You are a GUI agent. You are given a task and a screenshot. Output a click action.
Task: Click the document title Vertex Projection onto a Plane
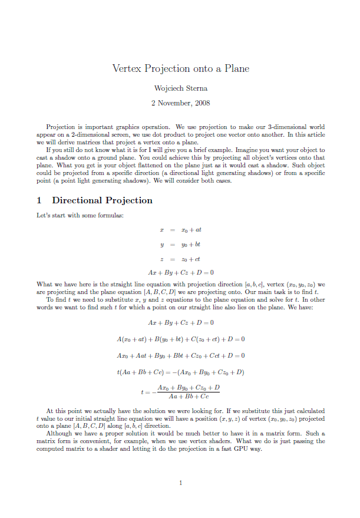180,68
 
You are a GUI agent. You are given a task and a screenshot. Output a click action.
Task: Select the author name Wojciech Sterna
180,88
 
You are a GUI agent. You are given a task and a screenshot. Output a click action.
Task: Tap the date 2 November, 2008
180,103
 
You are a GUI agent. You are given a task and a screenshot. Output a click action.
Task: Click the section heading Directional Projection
102,200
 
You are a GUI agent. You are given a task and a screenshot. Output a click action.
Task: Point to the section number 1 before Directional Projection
39,200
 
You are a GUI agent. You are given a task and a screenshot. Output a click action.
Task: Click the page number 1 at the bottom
180,483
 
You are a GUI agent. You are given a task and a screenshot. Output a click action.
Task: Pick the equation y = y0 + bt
180,243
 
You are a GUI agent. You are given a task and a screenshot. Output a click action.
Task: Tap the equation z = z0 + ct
180,258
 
